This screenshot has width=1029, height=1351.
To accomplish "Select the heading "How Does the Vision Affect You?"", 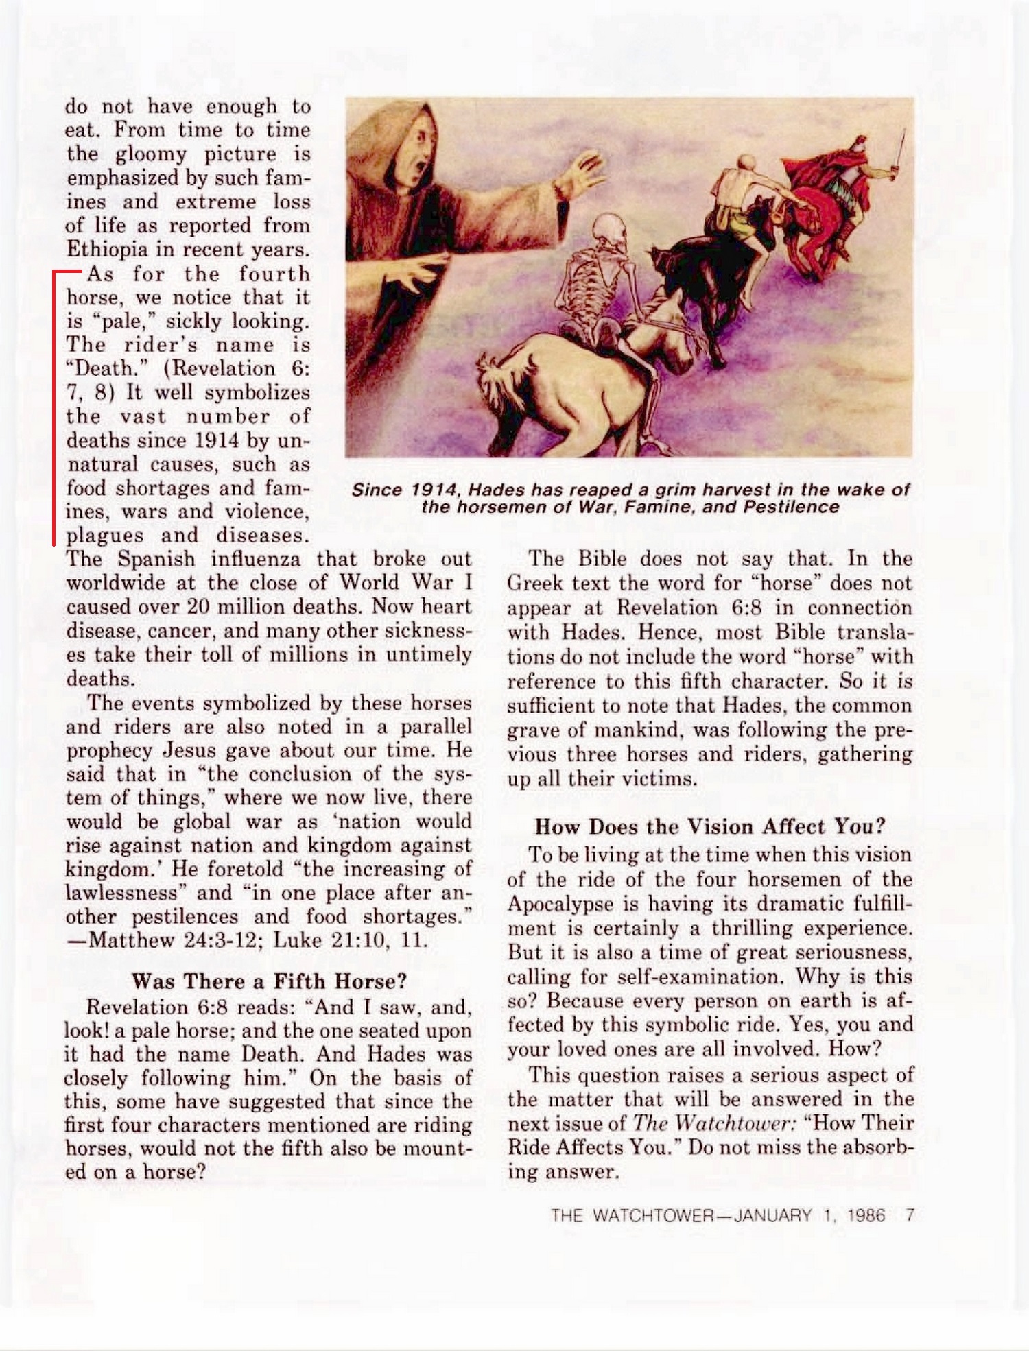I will (x=710, y=826).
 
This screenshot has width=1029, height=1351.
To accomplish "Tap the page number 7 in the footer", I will (x=910, y=1217).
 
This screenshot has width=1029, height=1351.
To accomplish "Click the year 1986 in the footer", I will (x=866, y=1217).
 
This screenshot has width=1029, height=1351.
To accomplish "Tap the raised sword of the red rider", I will (x=901, y=147).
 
